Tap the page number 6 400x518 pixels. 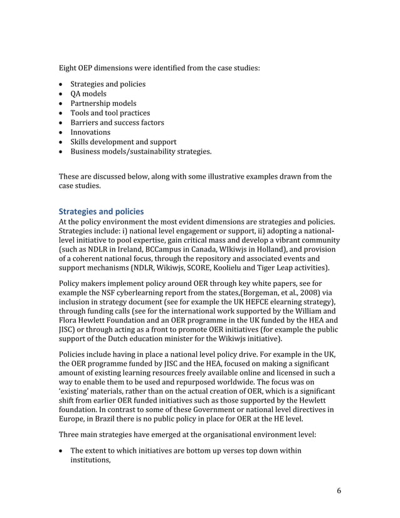(339, 490)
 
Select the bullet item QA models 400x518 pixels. (88, 93)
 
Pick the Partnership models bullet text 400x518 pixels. (103, 103)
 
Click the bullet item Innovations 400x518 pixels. (90, 132)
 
